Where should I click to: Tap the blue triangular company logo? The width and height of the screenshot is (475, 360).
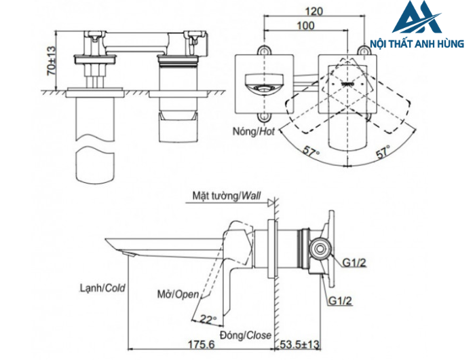tap(416, 20)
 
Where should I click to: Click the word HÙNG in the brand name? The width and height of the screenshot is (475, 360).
tap(450, 43)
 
